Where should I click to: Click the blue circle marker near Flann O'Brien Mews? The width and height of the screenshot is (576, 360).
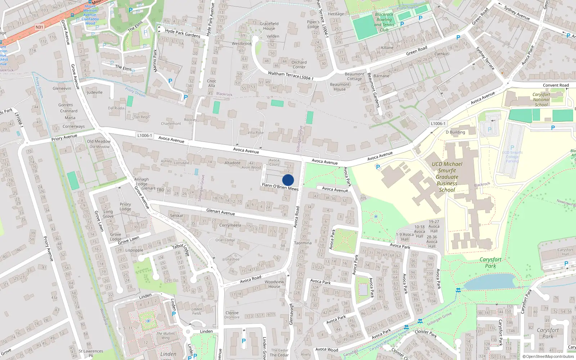[288, 180]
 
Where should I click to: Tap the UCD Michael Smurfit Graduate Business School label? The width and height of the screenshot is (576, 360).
[447, 177]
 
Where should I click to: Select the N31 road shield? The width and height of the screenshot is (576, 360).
[39, 27]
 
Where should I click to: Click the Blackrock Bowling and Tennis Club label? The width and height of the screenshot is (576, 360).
[384, 22]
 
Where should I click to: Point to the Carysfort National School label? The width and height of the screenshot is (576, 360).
[541, 100]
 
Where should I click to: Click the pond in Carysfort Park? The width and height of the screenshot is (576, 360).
[490, 282]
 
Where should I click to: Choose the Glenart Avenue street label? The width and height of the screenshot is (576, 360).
[220, 212]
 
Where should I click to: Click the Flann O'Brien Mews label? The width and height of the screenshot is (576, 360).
[280, 186]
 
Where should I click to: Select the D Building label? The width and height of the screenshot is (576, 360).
[455, 132]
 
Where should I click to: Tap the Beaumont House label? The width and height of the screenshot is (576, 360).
[339, 87]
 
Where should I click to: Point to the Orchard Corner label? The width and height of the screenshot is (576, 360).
[299, 64]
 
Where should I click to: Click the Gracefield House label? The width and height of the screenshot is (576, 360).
[269, 26]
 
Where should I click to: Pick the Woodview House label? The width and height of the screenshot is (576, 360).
[274, 284]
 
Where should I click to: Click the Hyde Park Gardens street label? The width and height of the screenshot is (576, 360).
[183, 33]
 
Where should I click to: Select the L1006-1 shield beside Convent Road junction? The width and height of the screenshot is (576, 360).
[438, 123]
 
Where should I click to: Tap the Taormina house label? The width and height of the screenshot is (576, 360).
[302, 243]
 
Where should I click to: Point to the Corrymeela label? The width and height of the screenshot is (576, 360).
[230, 225]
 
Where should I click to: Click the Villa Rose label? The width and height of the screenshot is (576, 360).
[256, 132]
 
